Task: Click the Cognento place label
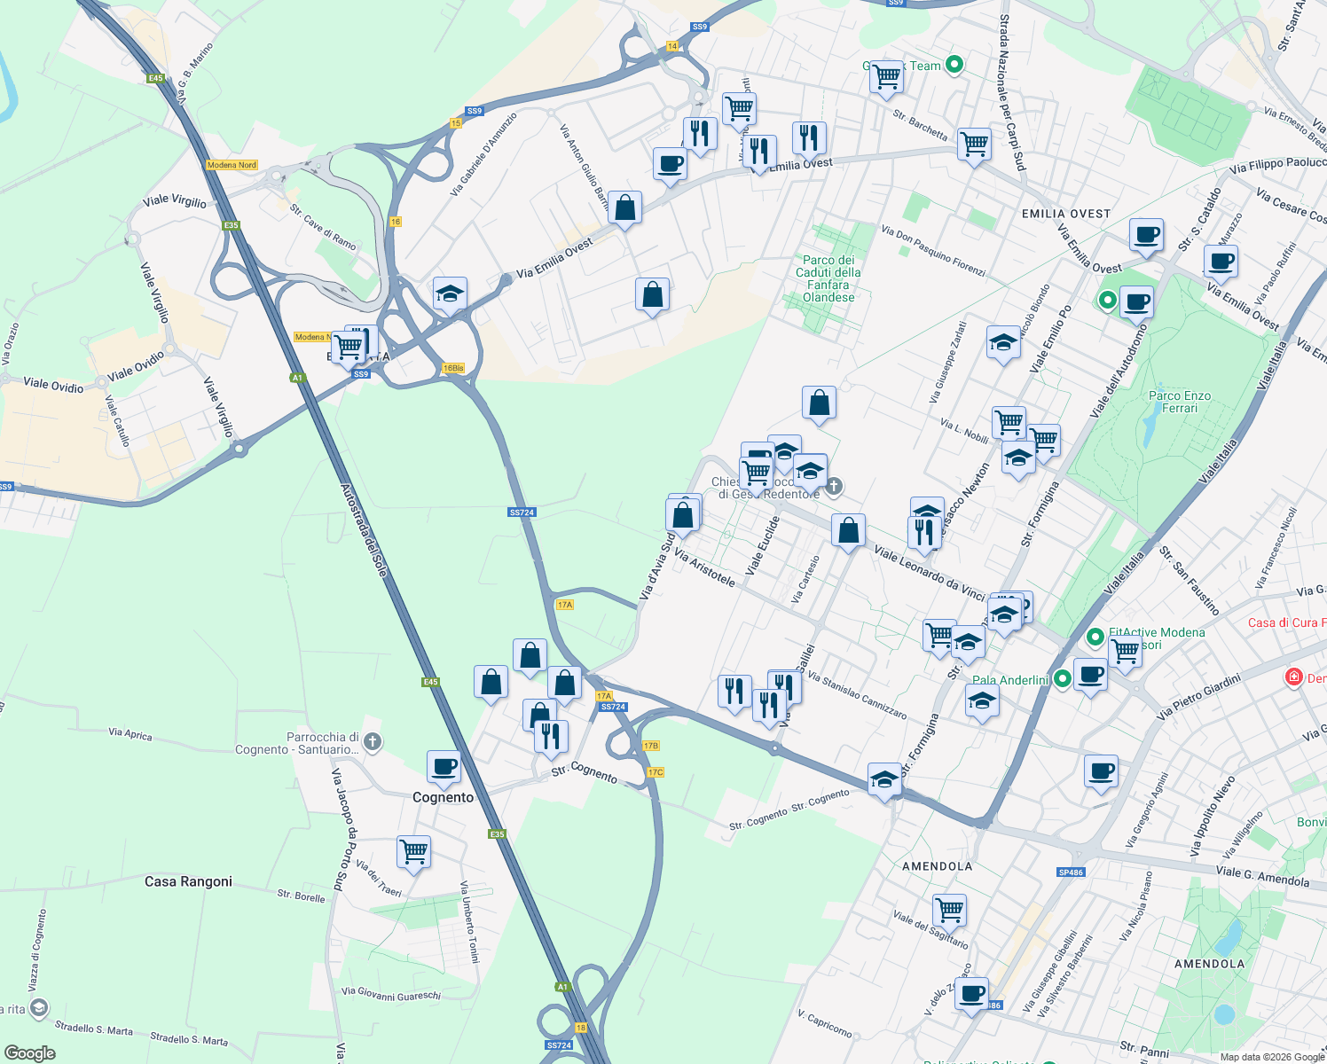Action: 443,797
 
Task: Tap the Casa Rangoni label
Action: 188,881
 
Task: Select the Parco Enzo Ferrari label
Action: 1179,402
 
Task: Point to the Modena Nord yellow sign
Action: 232,165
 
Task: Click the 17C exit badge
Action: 656,772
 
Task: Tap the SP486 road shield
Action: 1071,872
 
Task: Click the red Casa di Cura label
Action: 1286,622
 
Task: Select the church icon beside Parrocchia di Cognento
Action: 373,742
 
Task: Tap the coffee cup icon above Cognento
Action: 444,766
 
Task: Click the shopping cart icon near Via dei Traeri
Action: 414,851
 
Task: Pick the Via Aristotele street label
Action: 704,567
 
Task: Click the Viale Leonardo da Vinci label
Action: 929,574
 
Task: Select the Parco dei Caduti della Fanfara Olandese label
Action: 828,278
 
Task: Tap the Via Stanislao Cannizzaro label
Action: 857,694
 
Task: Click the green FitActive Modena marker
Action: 1095,636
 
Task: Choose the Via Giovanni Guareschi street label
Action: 390,994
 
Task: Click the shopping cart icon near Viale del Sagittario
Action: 949,909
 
